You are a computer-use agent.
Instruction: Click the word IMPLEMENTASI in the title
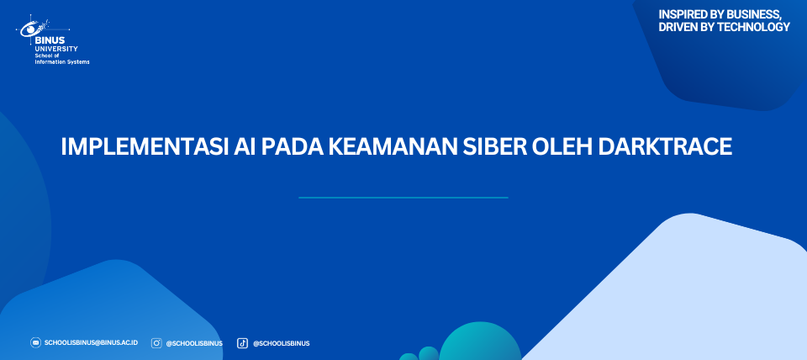point(144,147)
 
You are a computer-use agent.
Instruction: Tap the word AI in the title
point(245,147)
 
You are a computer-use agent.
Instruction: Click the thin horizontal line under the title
point(403,198)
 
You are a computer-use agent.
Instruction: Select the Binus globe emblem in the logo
point(34,27)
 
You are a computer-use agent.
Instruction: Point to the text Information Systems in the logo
point(61,61)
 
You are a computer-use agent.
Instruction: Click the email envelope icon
point(35,342)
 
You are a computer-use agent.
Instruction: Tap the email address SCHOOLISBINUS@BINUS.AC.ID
point(91,342)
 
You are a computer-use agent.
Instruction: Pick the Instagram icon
point(156,343)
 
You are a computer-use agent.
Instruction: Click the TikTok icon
point(242,343)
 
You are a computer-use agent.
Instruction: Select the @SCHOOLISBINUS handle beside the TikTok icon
point(281,343)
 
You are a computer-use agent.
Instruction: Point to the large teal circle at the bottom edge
point(480,342)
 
